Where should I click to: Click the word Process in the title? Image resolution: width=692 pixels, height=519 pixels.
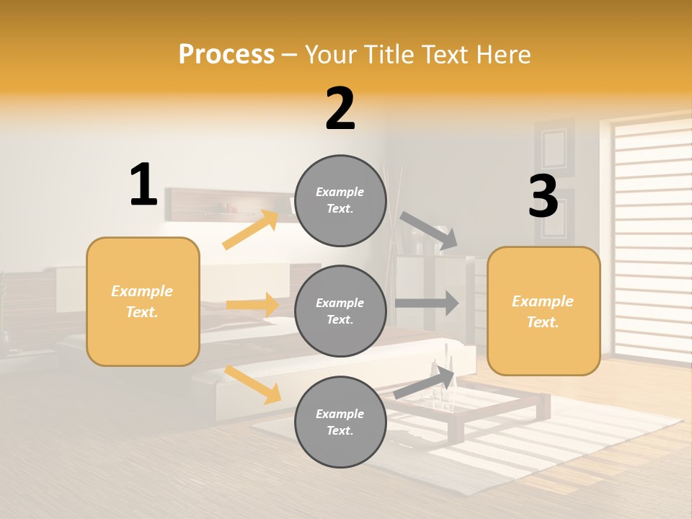pyautogui.click(x=226, y=54)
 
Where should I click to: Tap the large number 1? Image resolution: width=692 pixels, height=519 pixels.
pyautogui.click(x=143, y=185)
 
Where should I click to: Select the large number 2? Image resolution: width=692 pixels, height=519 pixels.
pyautogui.click(x=340, y=109)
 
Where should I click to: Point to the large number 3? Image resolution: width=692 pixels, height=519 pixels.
pyautogui.click(x=543, y=197)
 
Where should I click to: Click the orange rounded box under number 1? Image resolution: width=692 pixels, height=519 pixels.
pyautogui.click(x=143, y=301)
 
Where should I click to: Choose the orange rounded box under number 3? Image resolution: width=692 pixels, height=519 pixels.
pyautogui.click(x=544, y=311)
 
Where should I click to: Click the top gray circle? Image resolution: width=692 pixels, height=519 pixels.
pyautogui.click(x=340, y=200)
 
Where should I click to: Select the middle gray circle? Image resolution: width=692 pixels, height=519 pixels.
pyautogui.click(x=340, y=311)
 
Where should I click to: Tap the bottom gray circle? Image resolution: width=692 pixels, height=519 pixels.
pyautogui.click(x=340, y=422)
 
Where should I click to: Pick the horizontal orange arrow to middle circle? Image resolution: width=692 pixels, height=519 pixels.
pyautogui.click(x=253, y=305)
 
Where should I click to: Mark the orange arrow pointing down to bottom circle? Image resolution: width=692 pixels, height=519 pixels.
pyautogui.click(x=253, y=384)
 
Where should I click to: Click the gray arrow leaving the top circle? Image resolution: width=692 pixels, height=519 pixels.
pyautogui.click(x=429, y=230)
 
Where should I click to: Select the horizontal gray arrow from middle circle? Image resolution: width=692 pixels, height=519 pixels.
pyautogui.click(x=427, y=303)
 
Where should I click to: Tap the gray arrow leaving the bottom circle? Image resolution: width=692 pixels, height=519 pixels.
pyautogui.click(x=425, y=383)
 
